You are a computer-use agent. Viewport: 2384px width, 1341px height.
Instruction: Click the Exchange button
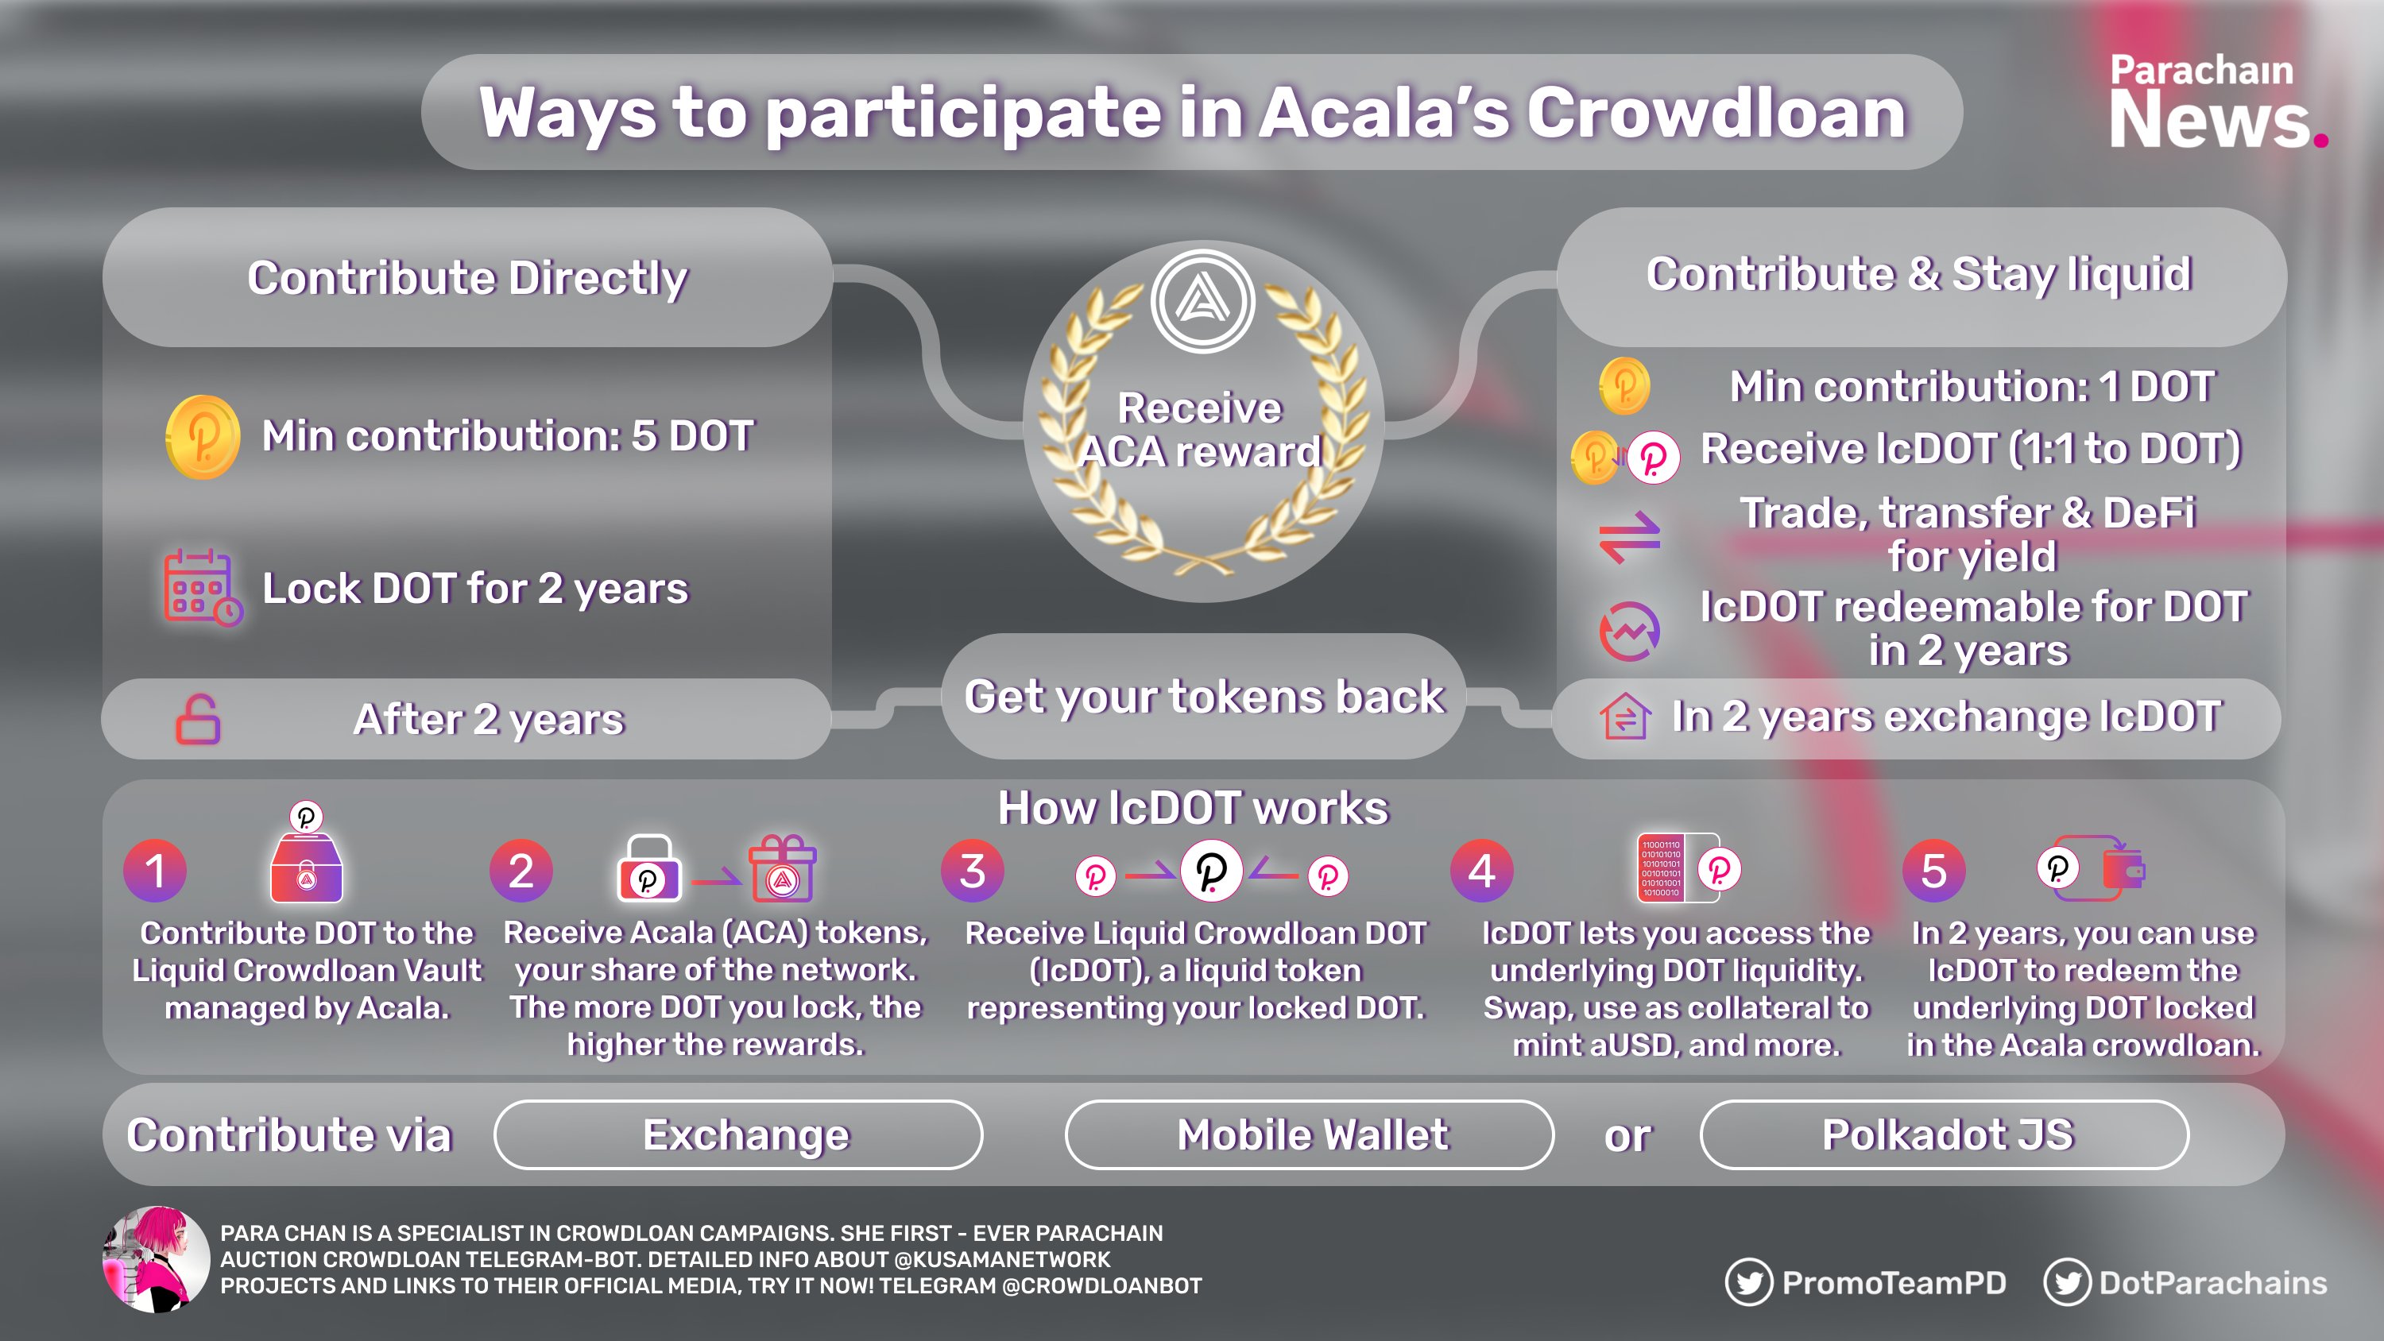[x=737, y=1134]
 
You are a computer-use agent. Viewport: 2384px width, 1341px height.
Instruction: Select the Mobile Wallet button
[x=1309, y=1134]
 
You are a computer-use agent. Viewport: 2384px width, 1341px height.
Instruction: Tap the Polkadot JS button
[x=1945, y=1134]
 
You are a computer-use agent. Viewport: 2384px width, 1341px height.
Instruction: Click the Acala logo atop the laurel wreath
[x=1203, y=302]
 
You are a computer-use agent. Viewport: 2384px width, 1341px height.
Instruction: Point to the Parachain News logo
[x=2217, y=102]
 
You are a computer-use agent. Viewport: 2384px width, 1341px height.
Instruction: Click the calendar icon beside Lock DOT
[x=203, y=588]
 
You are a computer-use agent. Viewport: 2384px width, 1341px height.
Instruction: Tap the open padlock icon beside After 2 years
[x=198, y=719]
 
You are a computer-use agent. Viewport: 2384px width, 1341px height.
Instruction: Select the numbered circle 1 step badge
[x=154, y=871]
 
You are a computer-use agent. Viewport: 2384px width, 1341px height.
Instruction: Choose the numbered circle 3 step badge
[x=973, y=871]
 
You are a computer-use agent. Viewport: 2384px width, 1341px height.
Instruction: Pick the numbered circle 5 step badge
[x=1933, y=871]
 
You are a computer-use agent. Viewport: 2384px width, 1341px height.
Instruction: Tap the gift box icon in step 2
[x=783, y=868]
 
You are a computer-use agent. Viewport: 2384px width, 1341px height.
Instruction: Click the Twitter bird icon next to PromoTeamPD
[x=1748, y=1283]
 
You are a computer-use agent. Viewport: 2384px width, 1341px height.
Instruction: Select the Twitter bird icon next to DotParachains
[x=2067, y=1283]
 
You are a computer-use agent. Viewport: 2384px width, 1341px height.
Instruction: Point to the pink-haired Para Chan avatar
[x=156, y=1258]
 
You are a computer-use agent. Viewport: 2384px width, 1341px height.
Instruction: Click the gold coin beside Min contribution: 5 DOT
[x=203, y=437]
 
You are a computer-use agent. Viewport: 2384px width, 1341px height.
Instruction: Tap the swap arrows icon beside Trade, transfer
[x=1629, y=537]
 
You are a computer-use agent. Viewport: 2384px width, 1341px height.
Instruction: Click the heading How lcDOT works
[x=1193, y=808]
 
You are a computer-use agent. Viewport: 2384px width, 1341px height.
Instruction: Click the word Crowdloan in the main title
[x=1716, y=113]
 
